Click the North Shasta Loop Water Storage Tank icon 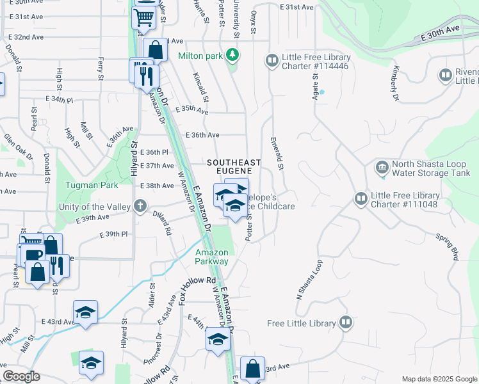(382, 168)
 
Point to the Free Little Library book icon (346, 322)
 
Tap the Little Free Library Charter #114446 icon (272, 60)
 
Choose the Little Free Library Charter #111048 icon (361, 199)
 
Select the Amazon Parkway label (212, 257)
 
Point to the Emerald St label (276, 153)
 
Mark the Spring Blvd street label (449, 247)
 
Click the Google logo (22, 376)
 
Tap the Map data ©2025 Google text (439, 379)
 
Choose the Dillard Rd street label (162, 223)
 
